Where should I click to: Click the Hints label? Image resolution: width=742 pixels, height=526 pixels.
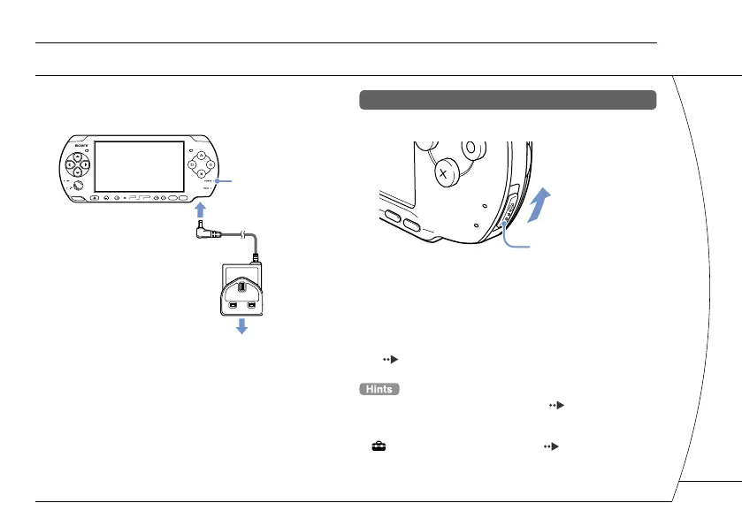380,389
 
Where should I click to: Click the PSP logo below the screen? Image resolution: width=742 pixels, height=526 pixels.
139,197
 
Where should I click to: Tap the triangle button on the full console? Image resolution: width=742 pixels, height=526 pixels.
200,153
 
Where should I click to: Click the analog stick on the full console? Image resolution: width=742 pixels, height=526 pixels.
78,186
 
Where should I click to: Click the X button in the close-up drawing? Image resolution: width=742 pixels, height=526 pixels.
443,174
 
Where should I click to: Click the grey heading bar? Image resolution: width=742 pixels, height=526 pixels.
508,99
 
